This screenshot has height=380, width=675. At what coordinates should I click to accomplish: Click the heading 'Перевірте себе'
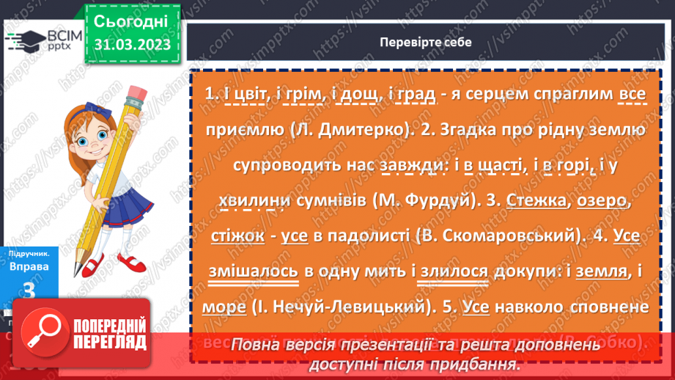point(425,42)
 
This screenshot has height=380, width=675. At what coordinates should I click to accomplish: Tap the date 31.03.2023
point(132,44)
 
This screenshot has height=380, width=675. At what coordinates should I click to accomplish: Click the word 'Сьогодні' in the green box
point(132,20)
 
